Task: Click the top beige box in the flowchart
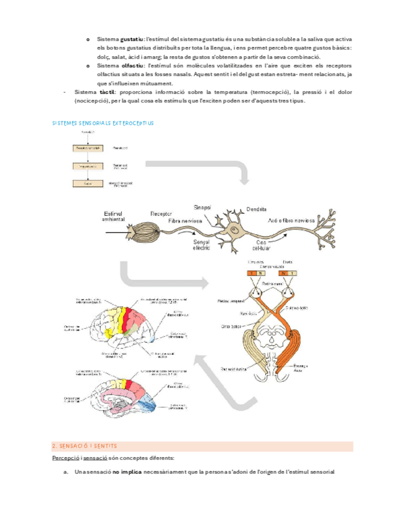coord(88,148)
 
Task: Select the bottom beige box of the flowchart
coord(88,184)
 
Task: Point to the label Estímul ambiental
coord(115,216)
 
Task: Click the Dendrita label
coord(256,208)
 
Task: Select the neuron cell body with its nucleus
coord(236,230)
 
